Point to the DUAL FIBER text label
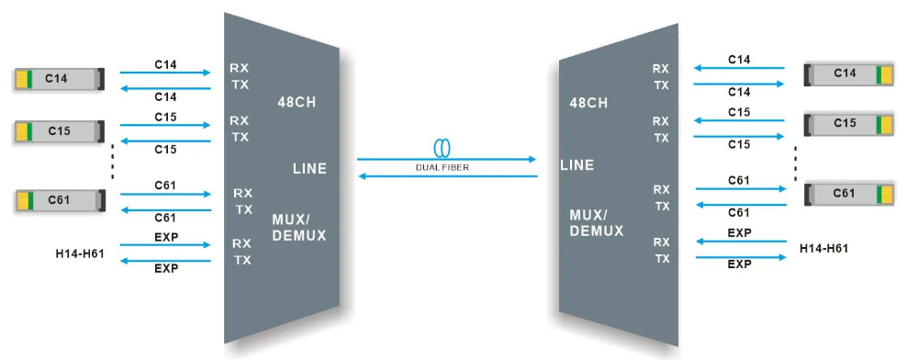[447, 167]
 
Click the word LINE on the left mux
[309, 168]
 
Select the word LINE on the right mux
[577, 165]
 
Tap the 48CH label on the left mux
[297, 103]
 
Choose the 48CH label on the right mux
[588, 103]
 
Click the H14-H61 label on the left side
[80, 253]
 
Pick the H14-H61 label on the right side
[823, 248]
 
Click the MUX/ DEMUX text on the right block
[597, 223]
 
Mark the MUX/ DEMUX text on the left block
[299, 228]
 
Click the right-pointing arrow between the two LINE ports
[446, 159]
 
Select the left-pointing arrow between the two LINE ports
[446, 176]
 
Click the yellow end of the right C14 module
[885, 73]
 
